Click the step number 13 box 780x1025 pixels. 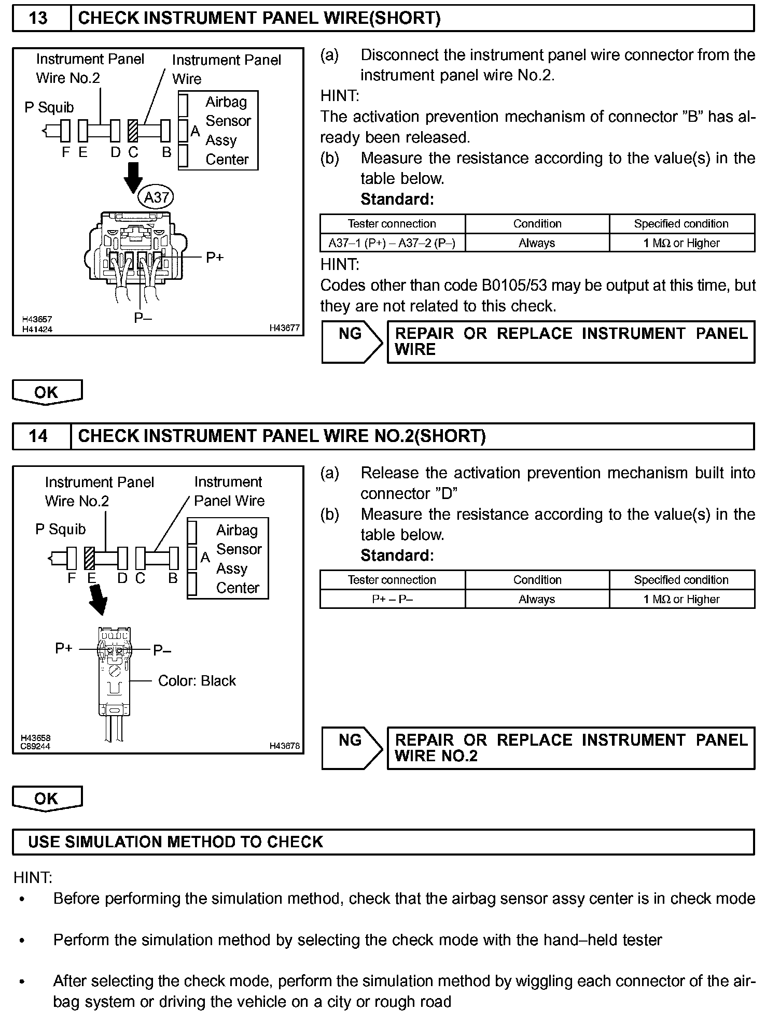(41, 18)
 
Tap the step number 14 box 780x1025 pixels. (41, 436)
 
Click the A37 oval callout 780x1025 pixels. (156, 197)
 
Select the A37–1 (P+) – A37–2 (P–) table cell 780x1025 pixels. (392, 243)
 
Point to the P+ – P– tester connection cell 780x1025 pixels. (392, 599)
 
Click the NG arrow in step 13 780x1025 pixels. (352, 341)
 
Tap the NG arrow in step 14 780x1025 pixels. (352, 748)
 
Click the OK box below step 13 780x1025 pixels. (47, 392)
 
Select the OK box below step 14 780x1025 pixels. (47, 799)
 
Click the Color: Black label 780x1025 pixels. (197, 680)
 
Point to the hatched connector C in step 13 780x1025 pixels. (133, 131)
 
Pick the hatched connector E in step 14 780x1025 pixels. (89, 558)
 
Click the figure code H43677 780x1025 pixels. (284, 328)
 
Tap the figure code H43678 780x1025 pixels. (284, 746)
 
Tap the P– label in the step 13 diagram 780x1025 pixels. (143, 318)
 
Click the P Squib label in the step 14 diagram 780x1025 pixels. (60, 529)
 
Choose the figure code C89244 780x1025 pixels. (35, 746)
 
